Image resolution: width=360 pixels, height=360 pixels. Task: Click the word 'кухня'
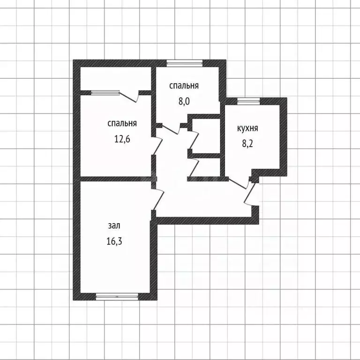point(247,128)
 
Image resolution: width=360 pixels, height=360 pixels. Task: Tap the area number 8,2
point(247,144)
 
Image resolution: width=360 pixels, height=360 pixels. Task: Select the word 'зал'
point(114,225)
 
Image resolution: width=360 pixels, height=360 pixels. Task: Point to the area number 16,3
point(114,241)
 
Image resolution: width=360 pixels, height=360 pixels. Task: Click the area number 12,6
point(122,139)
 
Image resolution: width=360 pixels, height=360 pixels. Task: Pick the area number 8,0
point(184,101)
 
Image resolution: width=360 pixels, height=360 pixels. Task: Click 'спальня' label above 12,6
point(122,124)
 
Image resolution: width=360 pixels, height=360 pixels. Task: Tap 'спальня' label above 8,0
point(184,86)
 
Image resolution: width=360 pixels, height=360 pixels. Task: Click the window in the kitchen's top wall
point(248,101)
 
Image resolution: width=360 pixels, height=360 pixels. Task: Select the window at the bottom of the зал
point(117,297)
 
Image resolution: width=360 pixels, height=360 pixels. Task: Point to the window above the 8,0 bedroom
point(185,63)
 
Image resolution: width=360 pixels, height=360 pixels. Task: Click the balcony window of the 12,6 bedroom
point(105,92)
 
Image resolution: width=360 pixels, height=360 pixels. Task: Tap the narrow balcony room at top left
point(115,79)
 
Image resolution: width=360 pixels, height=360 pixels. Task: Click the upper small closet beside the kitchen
point(206,136)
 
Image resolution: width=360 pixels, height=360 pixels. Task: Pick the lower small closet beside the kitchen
point(206,167)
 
